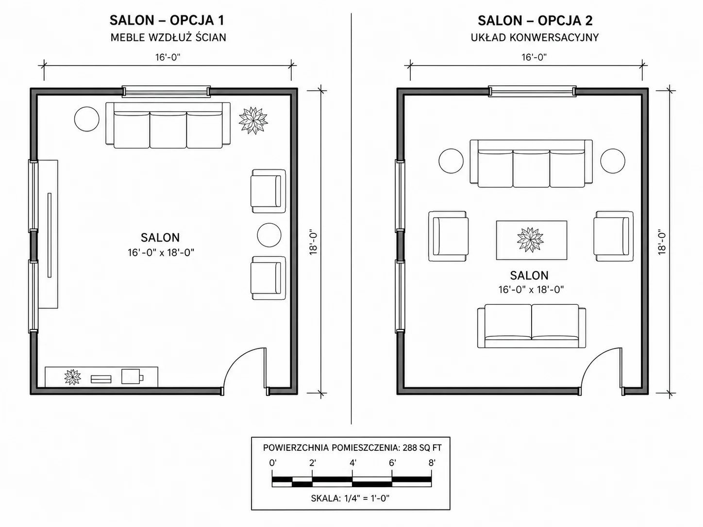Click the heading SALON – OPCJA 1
coord(167,20)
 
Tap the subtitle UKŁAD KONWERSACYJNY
coord(535,37)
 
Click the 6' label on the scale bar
coord(392,462)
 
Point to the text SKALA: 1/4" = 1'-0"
coord(350,498)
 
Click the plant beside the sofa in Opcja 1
coord(253,120)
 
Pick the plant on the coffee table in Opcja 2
coord(530,240)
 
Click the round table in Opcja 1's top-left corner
coord(86,119)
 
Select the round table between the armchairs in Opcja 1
coord(269,235)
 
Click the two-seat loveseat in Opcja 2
coord(532,326)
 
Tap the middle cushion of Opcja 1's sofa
coord(168,130)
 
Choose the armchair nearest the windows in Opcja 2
coord(449,236)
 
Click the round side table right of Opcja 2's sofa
coord(612,161)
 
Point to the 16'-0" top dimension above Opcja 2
coord(534,57)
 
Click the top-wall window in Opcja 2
coord(532,91)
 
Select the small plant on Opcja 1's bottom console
coord(72,377)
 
